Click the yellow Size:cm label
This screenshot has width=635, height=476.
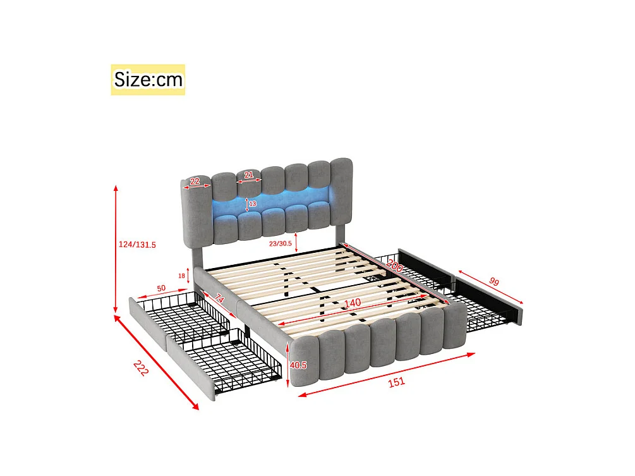pyautogui.click(x=148, y=80)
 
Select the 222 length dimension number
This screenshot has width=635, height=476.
pyautogui.click(x=141, y=368)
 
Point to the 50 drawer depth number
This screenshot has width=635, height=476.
pyautogui.click(x=161, y=288)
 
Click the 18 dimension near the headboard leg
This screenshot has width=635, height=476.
pyautogui.click(x=182, y=275)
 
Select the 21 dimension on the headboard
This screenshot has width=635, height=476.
pyautogui.click(x=249, y=175)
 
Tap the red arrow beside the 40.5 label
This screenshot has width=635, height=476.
pyautogui.click(x=290, y=365)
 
